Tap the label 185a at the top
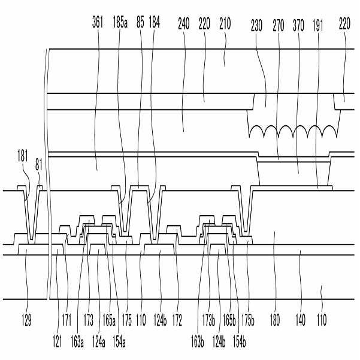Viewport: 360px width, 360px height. [120, 25]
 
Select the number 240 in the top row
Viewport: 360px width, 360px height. [184, 25]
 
